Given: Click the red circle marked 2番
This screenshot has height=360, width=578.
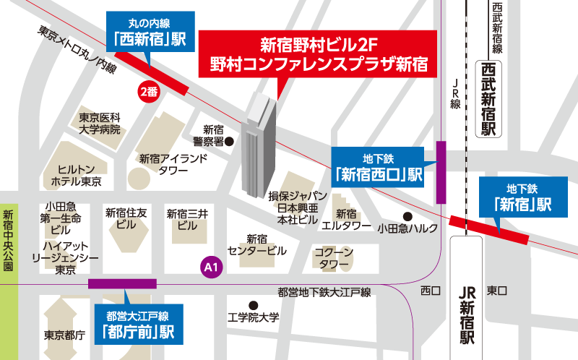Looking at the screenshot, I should point(148,91).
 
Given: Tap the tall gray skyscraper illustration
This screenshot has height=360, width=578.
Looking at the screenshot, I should point(256,148).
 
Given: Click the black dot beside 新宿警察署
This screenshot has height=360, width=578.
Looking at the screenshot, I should point(229,142).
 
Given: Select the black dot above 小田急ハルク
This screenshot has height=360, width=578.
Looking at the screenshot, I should point(407,216).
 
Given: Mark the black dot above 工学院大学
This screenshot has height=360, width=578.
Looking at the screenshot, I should point(253,304).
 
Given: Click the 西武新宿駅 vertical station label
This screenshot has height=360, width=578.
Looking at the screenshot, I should point(489,100).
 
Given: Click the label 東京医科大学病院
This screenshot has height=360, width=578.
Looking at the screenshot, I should point(100,124).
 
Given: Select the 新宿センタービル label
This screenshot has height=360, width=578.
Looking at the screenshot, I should point(256,245).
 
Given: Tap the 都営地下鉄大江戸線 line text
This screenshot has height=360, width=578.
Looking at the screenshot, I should point(324,293).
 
